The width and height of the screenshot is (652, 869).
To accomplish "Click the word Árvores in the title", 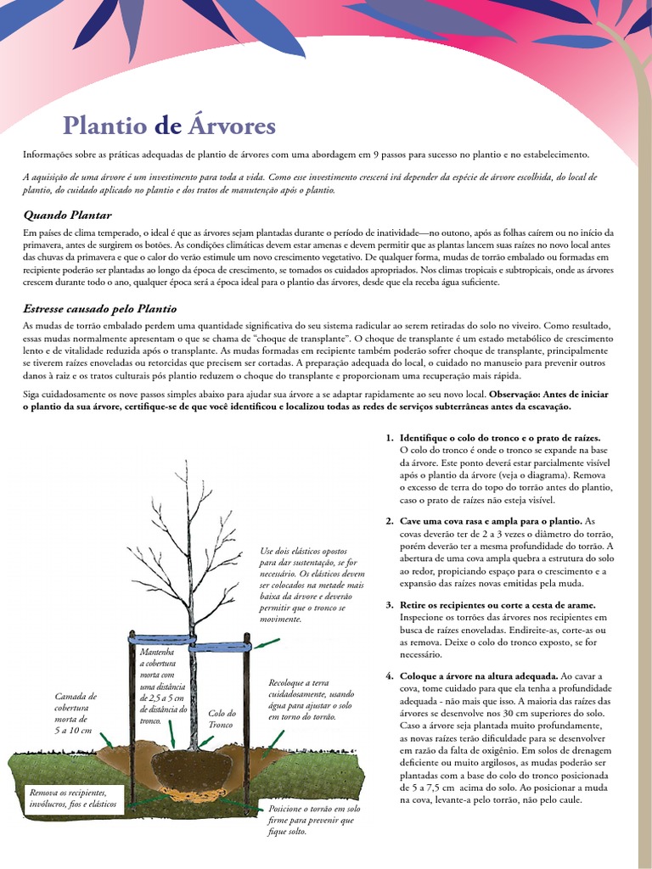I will [231, 126].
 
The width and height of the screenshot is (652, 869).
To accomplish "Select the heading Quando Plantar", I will [67, 215].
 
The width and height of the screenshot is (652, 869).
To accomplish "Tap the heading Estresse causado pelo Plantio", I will [99, 308].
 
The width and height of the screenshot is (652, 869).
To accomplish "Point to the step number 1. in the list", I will [390, 438].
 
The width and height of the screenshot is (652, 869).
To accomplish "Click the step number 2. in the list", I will [390, 520].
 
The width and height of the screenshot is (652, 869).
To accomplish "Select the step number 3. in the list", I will [390, 604].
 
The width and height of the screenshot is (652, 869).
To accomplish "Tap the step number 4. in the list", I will [390, 676].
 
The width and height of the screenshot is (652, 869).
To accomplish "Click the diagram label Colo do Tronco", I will [222, 719].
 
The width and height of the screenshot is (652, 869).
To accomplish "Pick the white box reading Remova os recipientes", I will [74, 798].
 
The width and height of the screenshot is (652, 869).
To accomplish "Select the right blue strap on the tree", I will [220, 647].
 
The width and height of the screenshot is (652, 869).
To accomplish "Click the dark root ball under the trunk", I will [194, 768].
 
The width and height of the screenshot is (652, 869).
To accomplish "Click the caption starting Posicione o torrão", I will [313, 820].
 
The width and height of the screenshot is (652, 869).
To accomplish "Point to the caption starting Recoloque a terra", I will [311, 699].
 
